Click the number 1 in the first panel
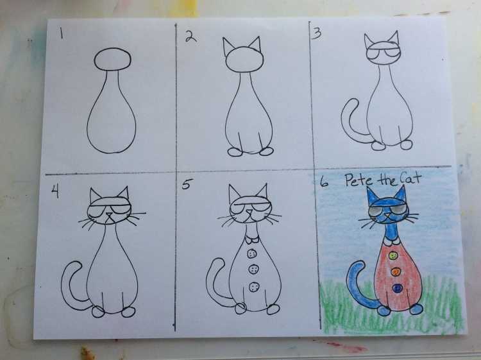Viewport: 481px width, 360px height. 62,33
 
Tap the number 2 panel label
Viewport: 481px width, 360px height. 191,37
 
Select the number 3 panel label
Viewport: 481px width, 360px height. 316,33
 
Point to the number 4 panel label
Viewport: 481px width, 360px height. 55,191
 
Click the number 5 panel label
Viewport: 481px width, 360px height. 187,184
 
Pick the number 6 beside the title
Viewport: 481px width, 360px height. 324,182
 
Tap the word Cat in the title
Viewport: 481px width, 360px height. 410,178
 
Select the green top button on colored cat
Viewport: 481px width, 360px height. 393,255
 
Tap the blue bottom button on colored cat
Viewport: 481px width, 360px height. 397,288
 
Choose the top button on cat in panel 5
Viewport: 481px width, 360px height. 252,254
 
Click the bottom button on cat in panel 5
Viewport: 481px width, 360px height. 253,287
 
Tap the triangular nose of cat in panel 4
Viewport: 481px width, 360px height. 109,214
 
